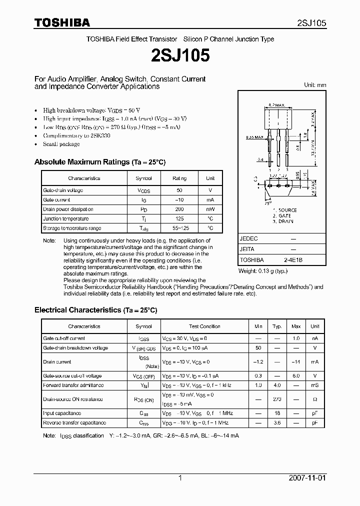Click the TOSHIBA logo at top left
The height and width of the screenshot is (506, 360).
pyautogui.click(x=62, y=22)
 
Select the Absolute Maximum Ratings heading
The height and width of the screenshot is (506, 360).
pyautogui.click(x=99, y=162)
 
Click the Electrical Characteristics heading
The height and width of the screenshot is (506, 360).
pyautogui.click(x=95, y=310)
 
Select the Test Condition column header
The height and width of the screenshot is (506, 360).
pyautogui.click(x=203, y=326)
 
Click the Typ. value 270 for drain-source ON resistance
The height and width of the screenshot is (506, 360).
pyautogui.click(x=277, y=399)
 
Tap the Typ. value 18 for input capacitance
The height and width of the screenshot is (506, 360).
pyautogui.click(x=277, y=413)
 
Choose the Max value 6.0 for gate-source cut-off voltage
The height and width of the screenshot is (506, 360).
pyautogui.click(x=296, y=376)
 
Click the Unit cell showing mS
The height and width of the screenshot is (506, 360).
pyautogui.click(x=314, y=385)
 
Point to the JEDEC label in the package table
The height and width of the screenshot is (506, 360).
pyautogui.click(x=249, y=239)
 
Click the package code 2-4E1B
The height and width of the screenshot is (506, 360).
pyautogui.click(x=292, y=260)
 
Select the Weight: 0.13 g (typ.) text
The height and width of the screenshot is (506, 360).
pyautogui.click(x=262, y=271)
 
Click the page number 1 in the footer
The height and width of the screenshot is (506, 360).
pyautogui.click(x=180, y=478)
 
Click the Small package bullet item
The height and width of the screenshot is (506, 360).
pyautogui.click(x=61, y=144)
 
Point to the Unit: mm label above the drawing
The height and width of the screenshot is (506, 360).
pyautogui.click(x=315, y=85)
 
